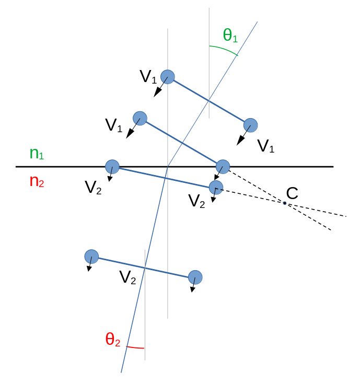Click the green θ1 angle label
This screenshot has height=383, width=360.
230,36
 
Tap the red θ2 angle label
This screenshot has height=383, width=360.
113,340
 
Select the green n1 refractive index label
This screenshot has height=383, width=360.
37,153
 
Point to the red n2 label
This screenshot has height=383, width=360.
37,181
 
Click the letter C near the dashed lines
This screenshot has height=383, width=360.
292,193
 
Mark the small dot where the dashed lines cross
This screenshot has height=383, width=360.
285,203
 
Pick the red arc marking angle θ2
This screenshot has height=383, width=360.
136,347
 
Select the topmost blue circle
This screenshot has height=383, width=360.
168,76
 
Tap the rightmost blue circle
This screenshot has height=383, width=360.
251,125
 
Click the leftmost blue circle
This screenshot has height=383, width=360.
91,257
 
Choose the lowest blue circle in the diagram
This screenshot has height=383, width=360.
195,277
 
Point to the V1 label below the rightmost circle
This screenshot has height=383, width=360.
266,146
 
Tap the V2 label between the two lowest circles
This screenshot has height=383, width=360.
127,277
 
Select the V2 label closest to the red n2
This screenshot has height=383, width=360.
93,188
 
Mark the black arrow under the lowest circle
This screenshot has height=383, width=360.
193,287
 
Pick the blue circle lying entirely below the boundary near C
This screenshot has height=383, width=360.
216,187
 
